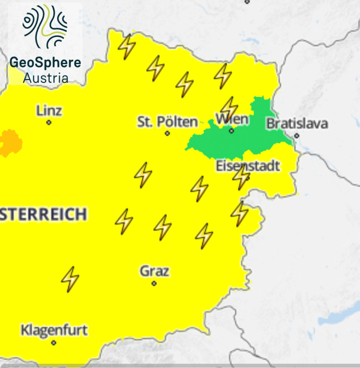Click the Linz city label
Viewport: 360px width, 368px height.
(49, 111)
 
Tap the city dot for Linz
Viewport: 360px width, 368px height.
(48, 123)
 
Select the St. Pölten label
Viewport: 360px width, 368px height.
(167, 122)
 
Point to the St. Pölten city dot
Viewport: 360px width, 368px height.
(167, 133)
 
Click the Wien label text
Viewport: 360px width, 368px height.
(232, 119)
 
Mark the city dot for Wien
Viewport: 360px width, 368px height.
(231, 130)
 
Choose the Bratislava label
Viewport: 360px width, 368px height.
(297, 124)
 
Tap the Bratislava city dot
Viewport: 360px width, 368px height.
(296, 136)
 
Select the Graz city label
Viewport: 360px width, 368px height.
(154, 271)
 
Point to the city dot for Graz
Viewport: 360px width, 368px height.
(154, 283)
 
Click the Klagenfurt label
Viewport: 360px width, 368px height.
(54, 330)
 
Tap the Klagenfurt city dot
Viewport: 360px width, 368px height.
(54, 342)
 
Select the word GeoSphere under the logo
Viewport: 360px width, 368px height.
(45, 62)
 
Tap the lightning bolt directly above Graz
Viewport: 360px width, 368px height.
(163, 227)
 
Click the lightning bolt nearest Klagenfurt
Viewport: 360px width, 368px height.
(70, 279)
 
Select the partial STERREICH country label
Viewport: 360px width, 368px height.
(43, 214)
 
